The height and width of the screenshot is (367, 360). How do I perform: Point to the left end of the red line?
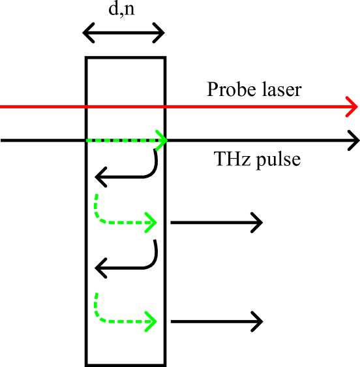pyautogui.click(x=1, y=106)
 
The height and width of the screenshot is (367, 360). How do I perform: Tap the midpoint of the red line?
pyautogui.click(x=178, y=106)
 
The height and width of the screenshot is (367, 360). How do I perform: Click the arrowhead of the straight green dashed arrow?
pyautogui.click(x=166, y=140)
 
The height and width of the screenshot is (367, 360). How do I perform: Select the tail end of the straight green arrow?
pyautogui.click(x=87, y=140)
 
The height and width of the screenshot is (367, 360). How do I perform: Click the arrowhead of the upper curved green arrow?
pyautogui.click(x=156, y=223)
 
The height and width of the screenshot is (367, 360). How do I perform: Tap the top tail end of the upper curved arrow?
pyautogui.click(x=97, y=195)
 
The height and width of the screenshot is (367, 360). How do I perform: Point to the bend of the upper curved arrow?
pyautogui.click(x=98, y=218)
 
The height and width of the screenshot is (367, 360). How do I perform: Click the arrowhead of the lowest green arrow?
pyautogui.click(x=156, y=321)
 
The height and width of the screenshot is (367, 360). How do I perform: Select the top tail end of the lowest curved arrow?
pyautogui.click(x=97, y=294)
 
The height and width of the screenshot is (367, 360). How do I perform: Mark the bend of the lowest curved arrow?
pyautogui.click(x=98, y=317)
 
